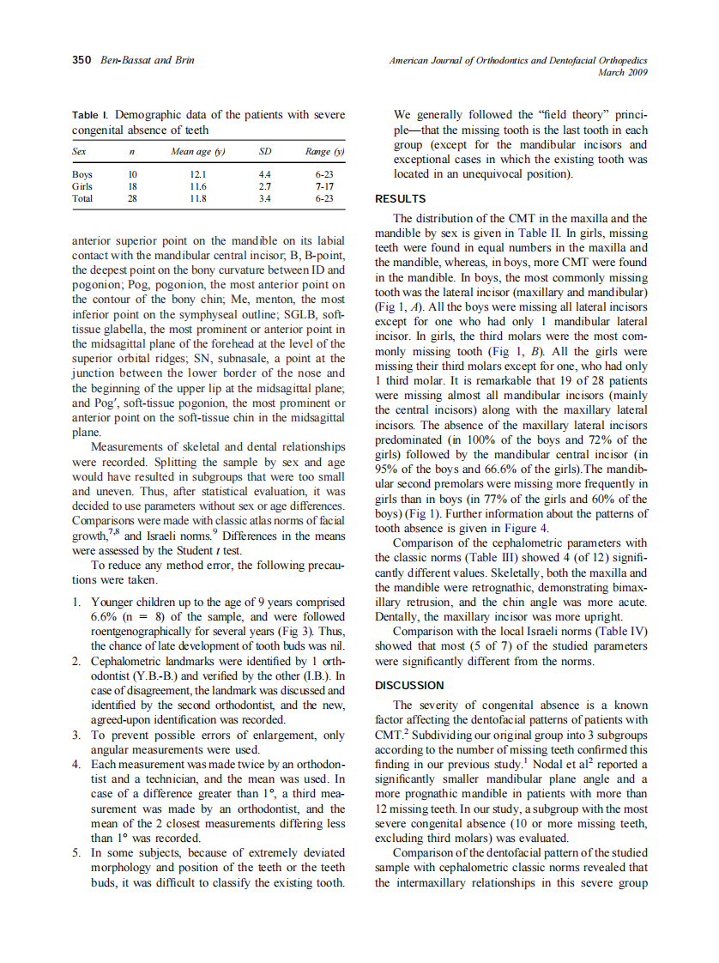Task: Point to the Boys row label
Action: tap(82, 174)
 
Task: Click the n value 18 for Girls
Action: tap(132, 185)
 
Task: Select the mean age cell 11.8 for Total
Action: tap(197, 197)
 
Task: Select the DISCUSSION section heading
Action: tap(409, 685)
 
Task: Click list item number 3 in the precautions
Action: tap(77, 736)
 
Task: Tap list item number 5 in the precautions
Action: tap(77, 853)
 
